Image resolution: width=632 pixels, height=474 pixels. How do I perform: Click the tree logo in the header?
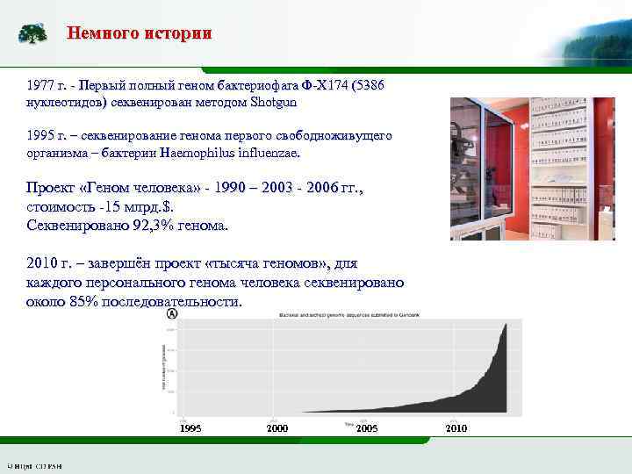pyautogui.click(x=33, y=34)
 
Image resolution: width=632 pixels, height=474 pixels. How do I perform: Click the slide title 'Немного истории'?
pyautogui.click(x=140, y=34)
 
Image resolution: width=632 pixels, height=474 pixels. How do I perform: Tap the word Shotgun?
pyautogui.click(x=273, y=102)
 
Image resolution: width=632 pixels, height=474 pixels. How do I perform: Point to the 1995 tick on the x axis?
pyautogui.click(x=190, y=428)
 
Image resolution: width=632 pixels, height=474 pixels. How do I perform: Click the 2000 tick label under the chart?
pyautogui.click(x=276, y=428)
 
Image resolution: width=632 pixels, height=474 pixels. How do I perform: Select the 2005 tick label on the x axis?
pyautogui.click(x=367, y=428)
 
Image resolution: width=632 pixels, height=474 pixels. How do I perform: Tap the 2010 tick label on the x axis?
pyautogui.click(x=456, y=428)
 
